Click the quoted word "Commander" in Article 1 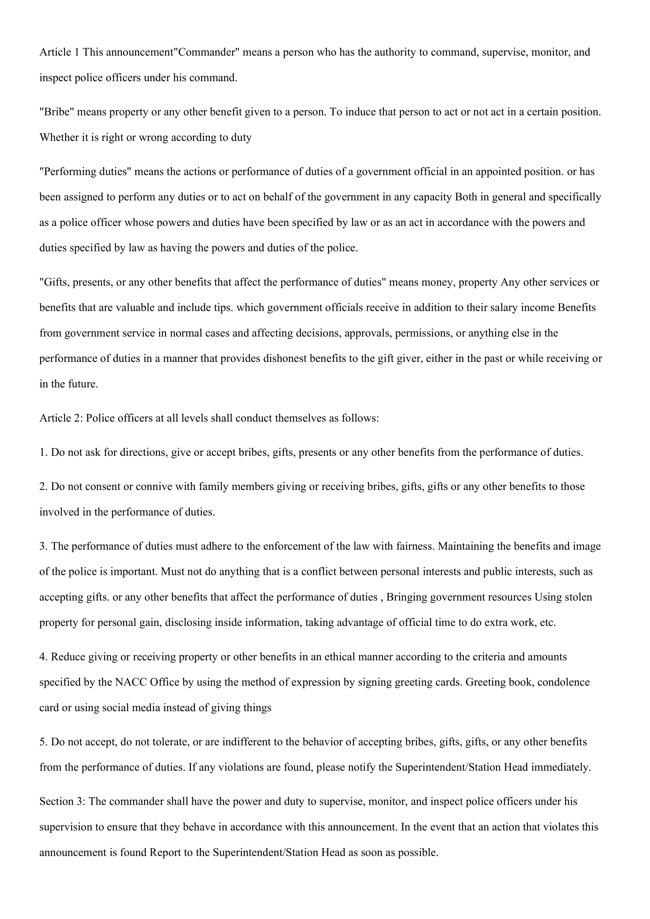(206, 52)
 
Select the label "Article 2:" (61, 419)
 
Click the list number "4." (44, 657)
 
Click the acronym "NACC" (130, 682)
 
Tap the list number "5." (44, 742)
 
